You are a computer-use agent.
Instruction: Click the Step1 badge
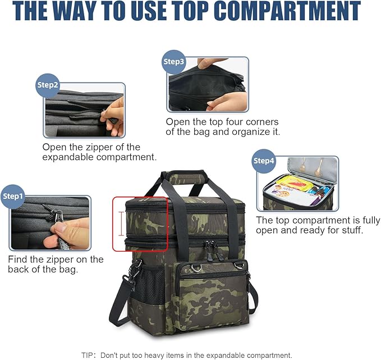coord(14,196)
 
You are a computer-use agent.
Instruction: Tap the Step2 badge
coord(48,85)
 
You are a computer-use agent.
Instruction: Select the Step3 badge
coord(173,61)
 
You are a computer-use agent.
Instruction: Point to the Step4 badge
coord(264,161)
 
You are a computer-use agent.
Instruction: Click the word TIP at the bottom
coord(88,355)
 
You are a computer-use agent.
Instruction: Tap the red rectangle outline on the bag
coord(140,224)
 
